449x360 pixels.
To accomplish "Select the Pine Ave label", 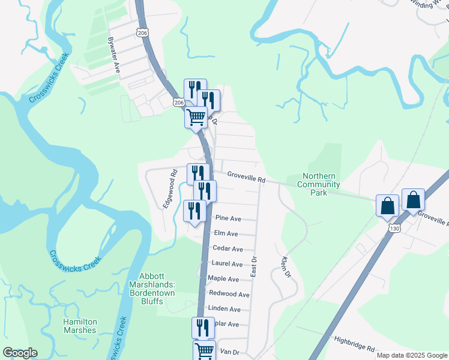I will tap(228, 218).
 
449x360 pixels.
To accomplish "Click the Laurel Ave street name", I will tap(227, 264).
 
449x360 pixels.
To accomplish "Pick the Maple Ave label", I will tap(223, 279).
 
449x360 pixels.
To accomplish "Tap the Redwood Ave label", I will tap(229, 295).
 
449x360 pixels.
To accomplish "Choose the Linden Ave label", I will tap(224, 310).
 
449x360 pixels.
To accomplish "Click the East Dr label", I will tap(254, 265).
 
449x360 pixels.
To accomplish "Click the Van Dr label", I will tap(229, 352).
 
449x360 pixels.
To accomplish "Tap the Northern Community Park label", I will tap(318, 185).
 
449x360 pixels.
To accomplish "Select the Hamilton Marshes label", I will tap(80, 326).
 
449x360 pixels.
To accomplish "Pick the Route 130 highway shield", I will tap(394, 229).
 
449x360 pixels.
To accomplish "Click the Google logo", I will tap(20, 353).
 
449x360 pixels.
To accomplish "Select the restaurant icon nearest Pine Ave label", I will tap(194, 211).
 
